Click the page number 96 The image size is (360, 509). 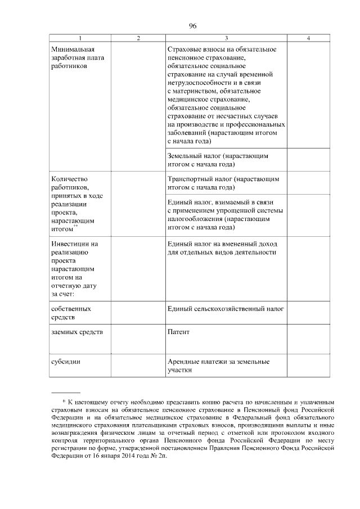192,26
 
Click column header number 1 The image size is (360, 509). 79,38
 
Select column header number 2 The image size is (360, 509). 138,38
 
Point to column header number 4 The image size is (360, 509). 308,38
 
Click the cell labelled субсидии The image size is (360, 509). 64,362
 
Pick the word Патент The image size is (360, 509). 178,332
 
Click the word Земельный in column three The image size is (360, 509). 184,156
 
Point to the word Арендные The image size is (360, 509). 183,362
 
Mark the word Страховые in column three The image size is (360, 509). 183,49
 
